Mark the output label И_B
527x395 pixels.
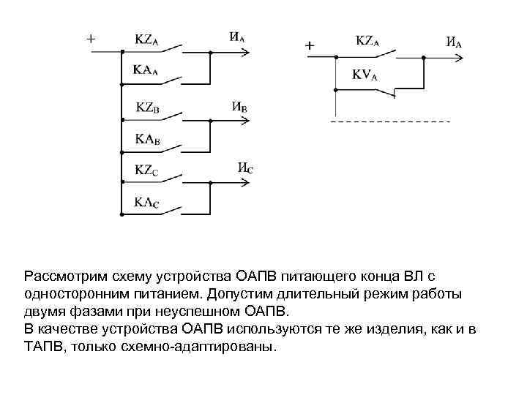[239, 106]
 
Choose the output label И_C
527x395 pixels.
[246, 168]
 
